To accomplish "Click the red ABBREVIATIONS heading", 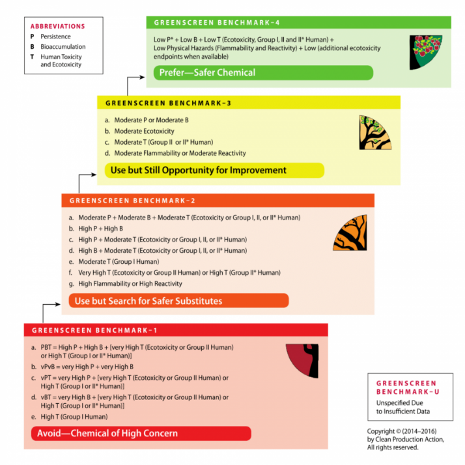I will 58,27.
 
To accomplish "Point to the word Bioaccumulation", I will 63,47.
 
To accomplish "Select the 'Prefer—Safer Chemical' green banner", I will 264,72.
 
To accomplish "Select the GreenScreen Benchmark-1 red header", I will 176,330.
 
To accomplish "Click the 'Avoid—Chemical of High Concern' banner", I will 141,433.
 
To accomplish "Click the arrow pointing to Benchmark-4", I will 137,77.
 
